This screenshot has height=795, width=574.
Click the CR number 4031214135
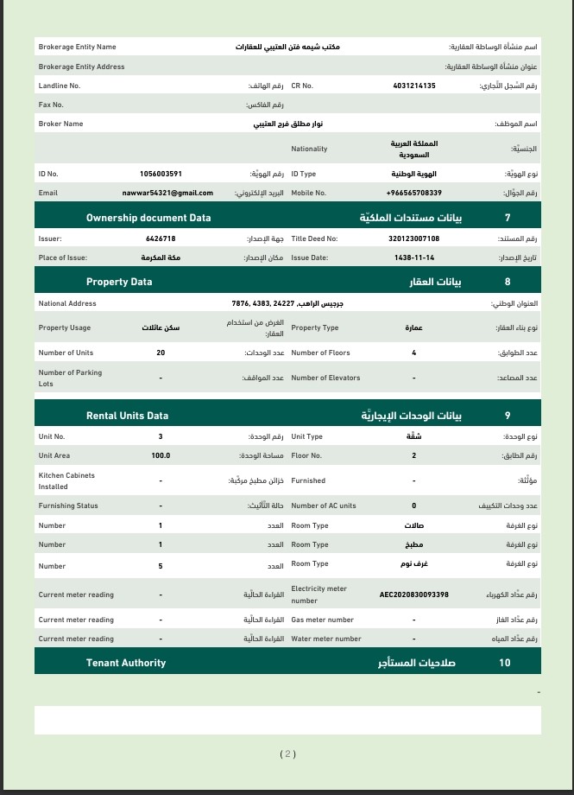click(x=413, y=86)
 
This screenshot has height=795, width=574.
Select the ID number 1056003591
click(x=161, y=174)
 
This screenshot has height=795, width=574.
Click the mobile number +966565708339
click(x=413, y=193)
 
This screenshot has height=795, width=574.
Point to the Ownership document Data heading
click(x=148, y=218)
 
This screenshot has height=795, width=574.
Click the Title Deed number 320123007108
click(x=413, y=238)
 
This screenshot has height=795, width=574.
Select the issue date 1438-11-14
click(x=413, y=258)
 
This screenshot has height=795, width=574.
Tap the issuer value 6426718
click(x=161, y=238)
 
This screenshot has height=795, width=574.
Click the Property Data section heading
click(x=119, y=282)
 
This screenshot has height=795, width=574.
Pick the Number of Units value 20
click(x=161, y=353)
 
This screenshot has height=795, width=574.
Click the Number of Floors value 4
click(x=413, y=353)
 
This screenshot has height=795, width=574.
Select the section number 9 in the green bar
click(x=508, y=416)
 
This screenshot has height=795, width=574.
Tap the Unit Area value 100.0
click(x=161, y=455)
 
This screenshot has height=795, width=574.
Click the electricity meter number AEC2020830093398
click(x=413, y=595)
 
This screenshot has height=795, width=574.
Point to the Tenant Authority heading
click(x=126, y=663)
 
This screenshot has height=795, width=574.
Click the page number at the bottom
click(x=287, y=754)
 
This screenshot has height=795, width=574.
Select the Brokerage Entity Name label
click(x=77, y=47)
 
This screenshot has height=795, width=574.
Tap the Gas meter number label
click(x=322, y=620)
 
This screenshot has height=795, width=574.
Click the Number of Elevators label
click(x=325, y=378)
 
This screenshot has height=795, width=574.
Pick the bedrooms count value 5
click(x=161, y=566)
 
